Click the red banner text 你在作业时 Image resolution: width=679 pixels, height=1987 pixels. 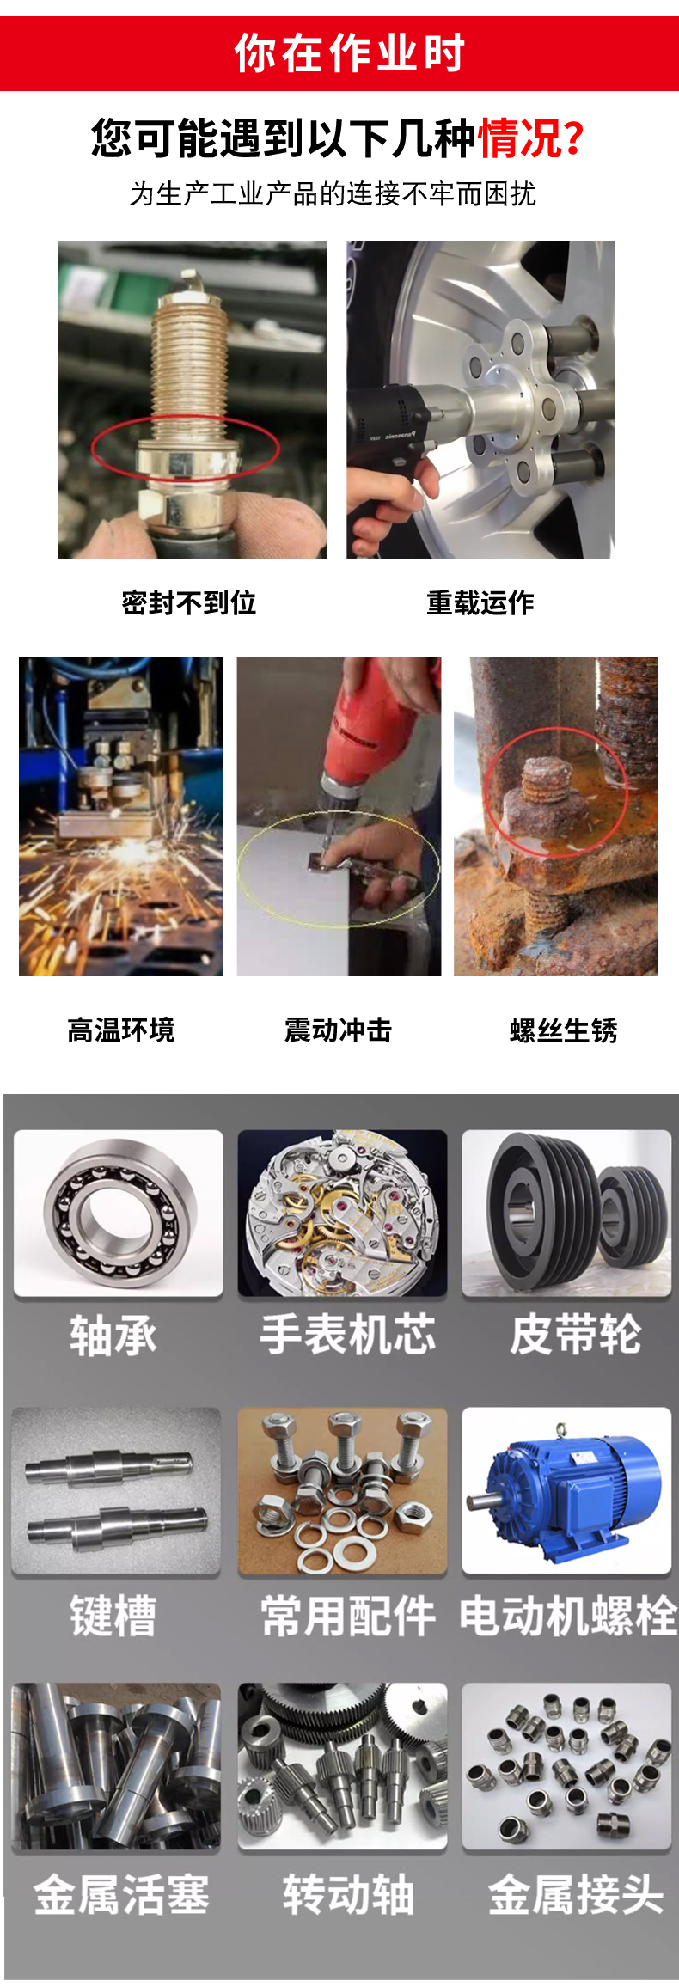[349, 53]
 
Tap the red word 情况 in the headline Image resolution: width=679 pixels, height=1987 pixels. [521, 138]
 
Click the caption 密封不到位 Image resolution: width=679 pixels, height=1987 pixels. [189, 602]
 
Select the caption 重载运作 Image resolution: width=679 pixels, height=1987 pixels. [480, 602]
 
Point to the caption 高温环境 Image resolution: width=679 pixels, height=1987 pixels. [121, 1029]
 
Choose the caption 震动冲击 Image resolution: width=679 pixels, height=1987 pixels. [338, 1029]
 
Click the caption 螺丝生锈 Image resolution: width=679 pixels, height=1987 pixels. [564, 1030]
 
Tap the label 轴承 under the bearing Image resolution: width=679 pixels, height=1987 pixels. [113, 1336]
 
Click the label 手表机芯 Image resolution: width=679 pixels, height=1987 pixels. [348, 1335]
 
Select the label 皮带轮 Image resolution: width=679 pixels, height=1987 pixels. [576, 1335]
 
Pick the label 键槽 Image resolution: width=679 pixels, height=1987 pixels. [113, 1616]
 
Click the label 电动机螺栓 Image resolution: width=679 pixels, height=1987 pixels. [568, 1616]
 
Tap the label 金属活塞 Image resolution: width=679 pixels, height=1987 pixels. [121, 1895]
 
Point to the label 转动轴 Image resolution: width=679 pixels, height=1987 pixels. [348, 1895]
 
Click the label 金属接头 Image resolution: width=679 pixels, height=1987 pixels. [576, 1895]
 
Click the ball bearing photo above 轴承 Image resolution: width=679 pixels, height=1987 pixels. [119, 1213]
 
